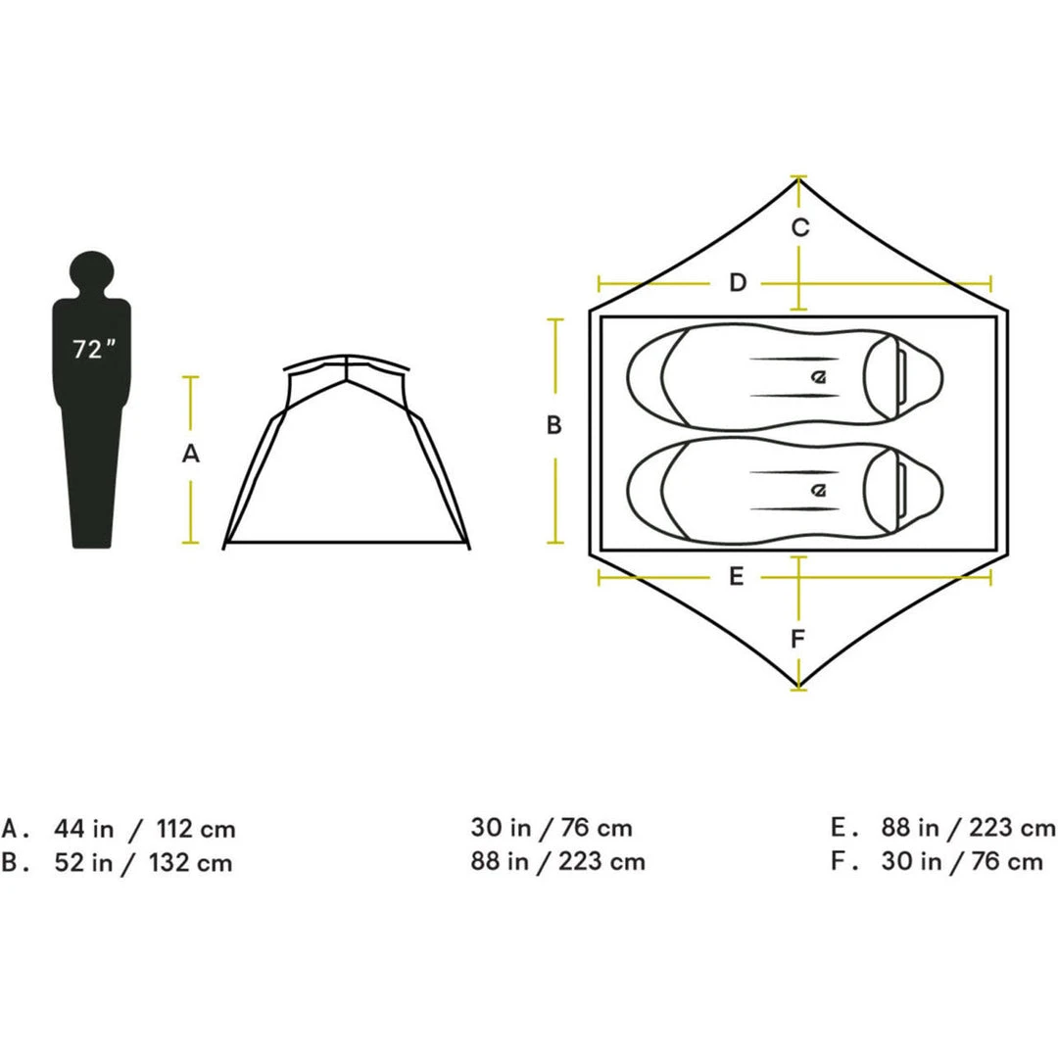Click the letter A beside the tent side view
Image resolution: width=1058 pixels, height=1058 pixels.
click(191, 454)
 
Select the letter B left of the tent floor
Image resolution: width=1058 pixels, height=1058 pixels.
click(553, 426)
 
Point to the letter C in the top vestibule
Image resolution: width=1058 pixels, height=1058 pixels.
click(800, 227)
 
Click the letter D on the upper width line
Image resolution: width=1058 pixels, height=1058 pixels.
click(738, 284)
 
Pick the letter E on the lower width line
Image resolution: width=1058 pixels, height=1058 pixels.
click(737, 577)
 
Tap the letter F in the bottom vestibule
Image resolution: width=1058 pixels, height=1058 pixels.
click(798, 641)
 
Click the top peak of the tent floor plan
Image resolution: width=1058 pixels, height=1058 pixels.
click(800, 179)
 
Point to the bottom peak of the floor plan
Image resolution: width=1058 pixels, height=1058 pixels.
click(800, 687)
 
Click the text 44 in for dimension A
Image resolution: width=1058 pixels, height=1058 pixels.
click(83, 829)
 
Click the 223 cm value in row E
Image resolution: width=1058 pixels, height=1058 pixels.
click(1011, 829)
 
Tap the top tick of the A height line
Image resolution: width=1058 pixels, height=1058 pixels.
click(191, 377)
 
